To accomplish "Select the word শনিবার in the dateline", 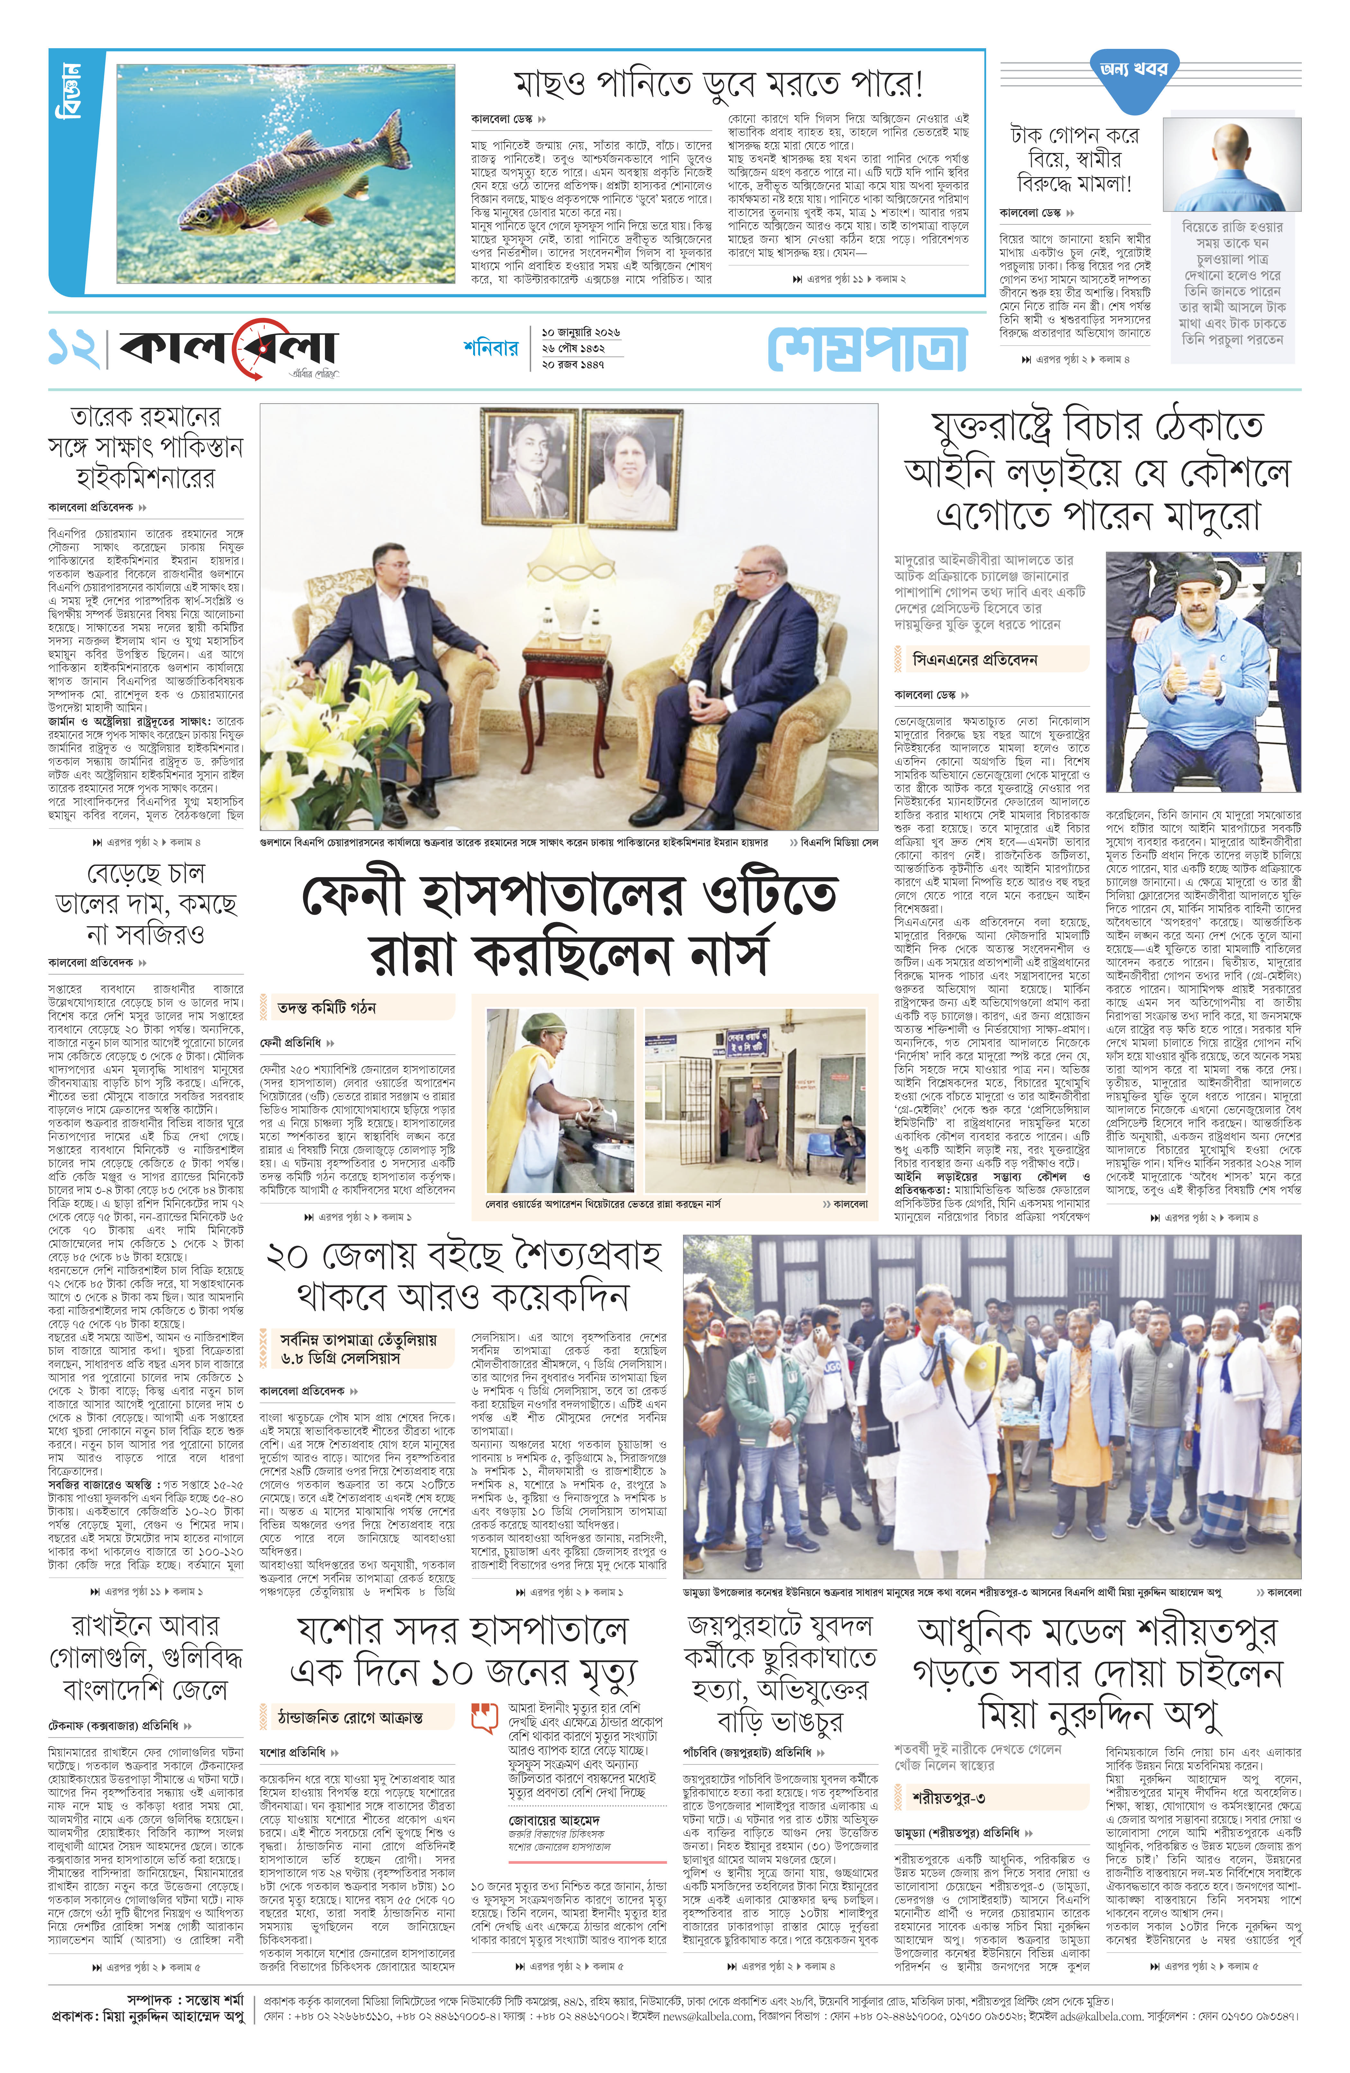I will pyautogui.click(x=491, y=348).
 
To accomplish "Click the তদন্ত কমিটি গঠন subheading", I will pyautogui.click(x=327, y=1008).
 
